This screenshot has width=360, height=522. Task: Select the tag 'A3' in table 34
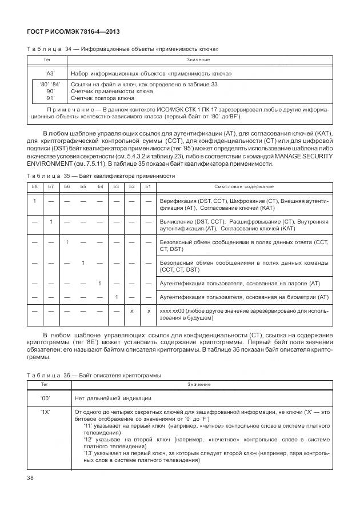click(x=50, y=74)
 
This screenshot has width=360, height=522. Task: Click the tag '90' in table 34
click(x=50, y=91)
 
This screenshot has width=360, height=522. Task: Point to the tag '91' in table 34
click(x=50, y=98)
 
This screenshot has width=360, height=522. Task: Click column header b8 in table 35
click(x=34, y=187)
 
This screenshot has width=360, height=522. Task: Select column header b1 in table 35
click(x=148, y=187)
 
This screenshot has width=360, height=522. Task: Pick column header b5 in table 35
click(x=83, y=187)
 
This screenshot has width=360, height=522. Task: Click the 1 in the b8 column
click(x=34, y=201)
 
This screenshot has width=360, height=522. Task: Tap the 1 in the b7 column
click(x=51, y=221)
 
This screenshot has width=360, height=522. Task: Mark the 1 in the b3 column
click(x=116, y=297)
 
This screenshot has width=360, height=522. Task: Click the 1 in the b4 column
click(x=99, y=282)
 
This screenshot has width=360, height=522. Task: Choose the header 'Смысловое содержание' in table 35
click(x=243, y=187)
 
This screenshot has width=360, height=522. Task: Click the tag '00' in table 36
click(x=46, y=397)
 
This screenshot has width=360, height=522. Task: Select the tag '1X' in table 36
click(x=46, y=412)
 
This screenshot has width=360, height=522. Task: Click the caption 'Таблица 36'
click(x=47, y=375)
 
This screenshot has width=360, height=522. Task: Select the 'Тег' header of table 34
click(x=50, y=59)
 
